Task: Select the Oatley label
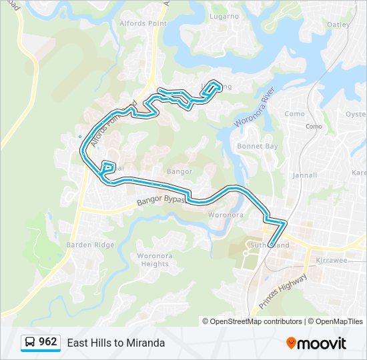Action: click(338, 25)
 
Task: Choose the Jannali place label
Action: click(305, 175)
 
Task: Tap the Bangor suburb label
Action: click(179, 171)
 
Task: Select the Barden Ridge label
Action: click(90, 245)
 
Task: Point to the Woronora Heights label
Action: click(153, 260)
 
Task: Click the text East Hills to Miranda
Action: click(115, 343)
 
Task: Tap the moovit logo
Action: click(316, 343)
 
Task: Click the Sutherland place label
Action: click(270, 245)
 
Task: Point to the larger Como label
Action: click(294, 114)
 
